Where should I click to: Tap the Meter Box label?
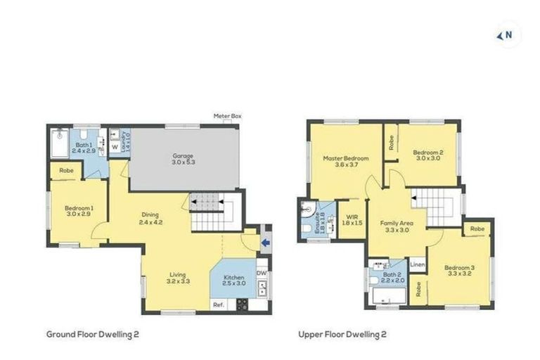click(x=229, y=115)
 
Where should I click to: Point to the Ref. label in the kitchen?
click(x=219, y=305)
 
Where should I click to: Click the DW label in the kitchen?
click(x=261, y=273)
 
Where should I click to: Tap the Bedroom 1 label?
click(x=79, y=208)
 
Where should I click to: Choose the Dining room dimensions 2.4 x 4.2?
click(x=148, y=223)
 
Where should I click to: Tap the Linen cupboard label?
click(x=417, y=265)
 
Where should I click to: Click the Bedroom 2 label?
click(x=427, y=152)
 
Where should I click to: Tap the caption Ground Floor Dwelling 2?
click(x=92, y=335)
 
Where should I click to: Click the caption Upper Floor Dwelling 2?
click(x=342, y=335)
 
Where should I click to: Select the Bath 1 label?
click(x=84, y=145)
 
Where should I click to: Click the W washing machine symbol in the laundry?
click(x=114, y=148)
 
